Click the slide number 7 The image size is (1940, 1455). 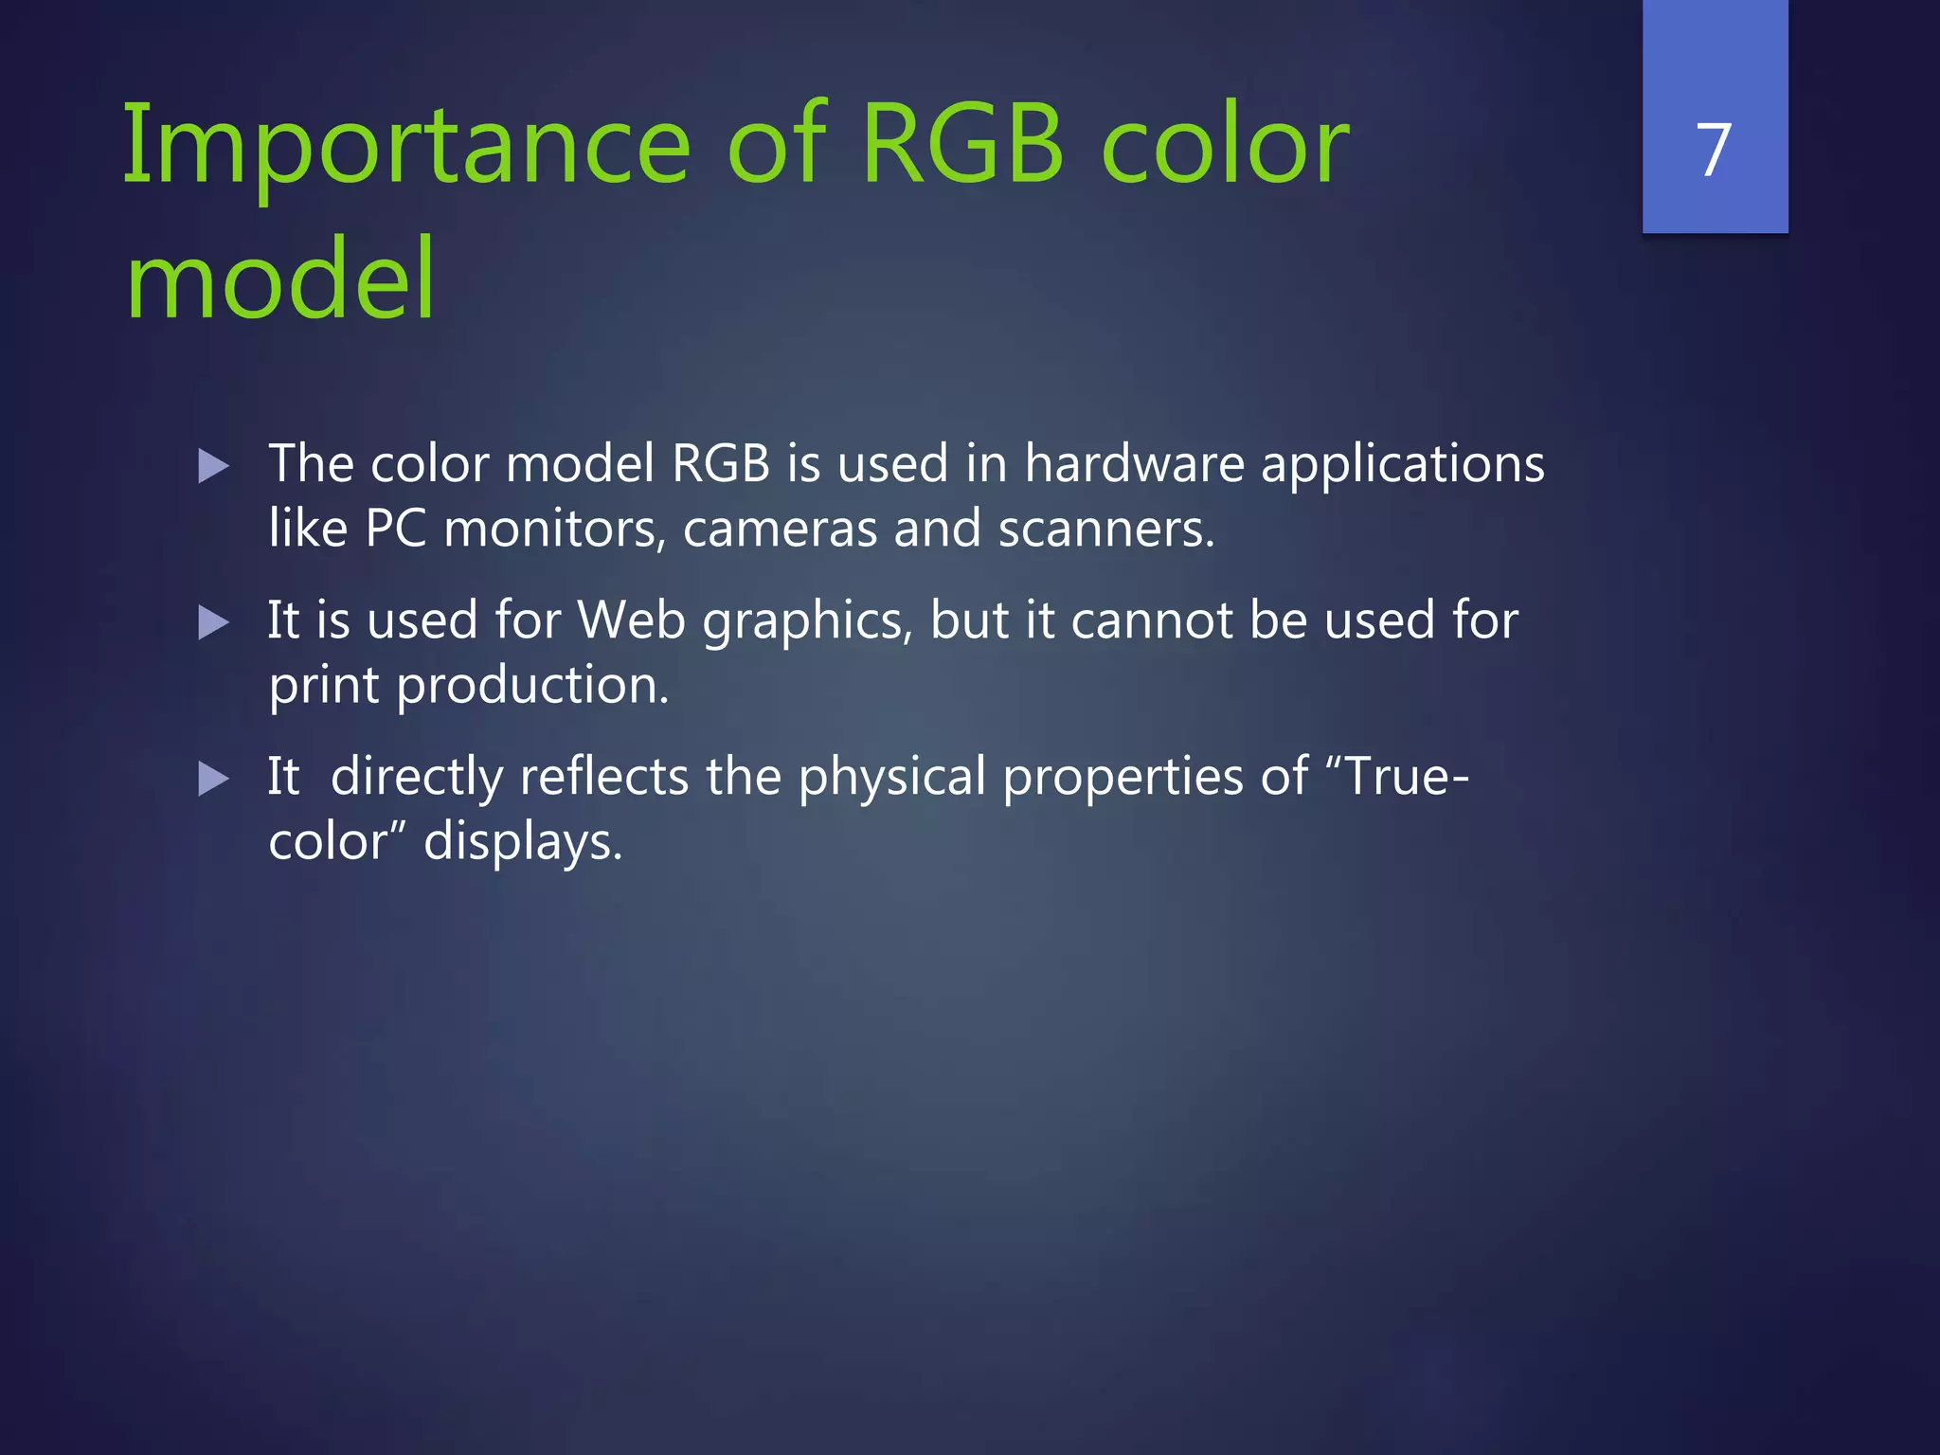tap(1715, 150)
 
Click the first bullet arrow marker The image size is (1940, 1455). tap(214, 466)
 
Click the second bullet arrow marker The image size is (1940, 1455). tap(214, 622)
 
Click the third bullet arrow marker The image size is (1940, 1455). tap(214, 779)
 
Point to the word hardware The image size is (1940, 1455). tap(1134, 464)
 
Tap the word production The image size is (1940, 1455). tap(532, 686)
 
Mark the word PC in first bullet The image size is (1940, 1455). tap(395, 529)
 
